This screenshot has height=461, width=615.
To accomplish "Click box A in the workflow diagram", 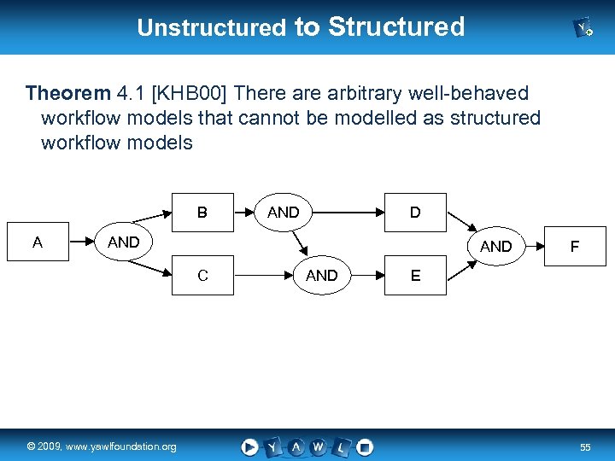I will pyautogui.click(x=38, y=242).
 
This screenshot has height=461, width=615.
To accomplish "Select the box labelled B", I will pyautogui.click(x=202, y=212).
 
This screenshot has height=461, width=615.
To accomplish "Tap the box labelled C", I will pyautogui.click(x=202, y=275).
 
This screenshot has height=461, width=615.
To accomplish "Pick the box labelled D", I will pyautogui.click(x=415, y=212).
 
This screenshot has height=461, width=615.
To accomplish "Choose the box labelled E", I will pyautogui.click(x=415, y=275).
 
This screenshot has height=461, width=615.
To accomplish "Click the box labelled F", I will pyautogui.click(x=575, y=247).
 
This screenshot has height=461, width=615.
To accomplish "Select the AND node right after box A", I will pyautogui.click(x=123, y=242).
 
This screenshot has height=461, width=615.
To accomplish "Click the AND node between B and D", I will pyautogui.click(x=284, y=212).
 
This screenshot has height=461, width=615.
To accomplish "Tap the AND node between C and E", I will pyautogui.click(x=322, y=275).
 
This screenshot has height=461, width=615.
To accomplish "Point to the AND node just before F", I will pyautogui.click(x=496, y=247).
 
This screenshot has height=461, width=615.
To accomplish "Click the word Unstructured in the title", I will pyautogui.click(x=211, y=27).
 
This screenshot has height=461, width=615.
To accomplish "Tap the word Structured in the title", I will pyautogui.click(x=395, y=26).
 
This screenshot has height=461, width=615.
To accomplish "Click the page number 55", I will pyautogui.click(x=585, y=447).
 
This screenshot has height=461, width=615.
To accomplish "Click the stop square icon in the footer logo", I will pyautogui.click(x=365, y=446).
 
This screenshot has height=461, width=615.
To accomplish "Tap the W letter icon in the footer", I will pyautogui.click(x=318, y=446).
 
